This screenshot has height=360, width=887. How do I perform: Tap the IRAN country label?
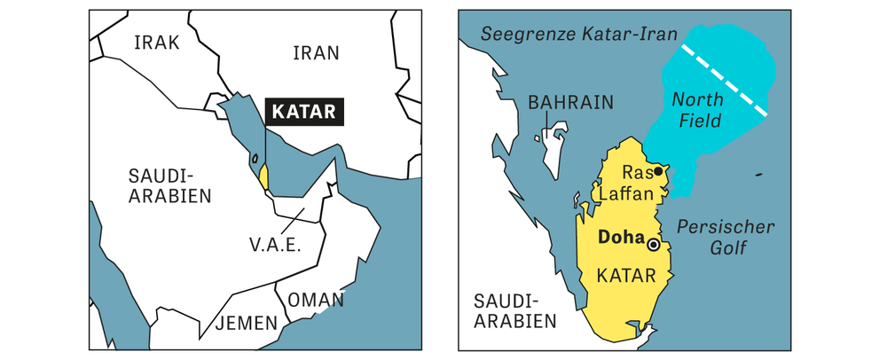(316, 52)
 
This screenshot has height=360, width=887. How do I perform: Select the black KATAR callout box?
(305, 113)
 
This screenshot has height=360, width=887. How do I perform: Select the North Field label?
(696, 109)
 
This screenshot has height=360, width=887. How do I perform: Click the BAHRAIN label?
(570, 102)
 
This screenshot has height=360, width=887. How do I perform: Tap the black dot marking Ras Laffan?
(658, 172)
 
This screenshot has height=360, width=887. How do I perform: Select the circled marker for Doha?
(654, 244)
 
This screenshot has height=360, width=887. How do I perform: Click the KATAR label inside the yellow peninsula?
(627, 276)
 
